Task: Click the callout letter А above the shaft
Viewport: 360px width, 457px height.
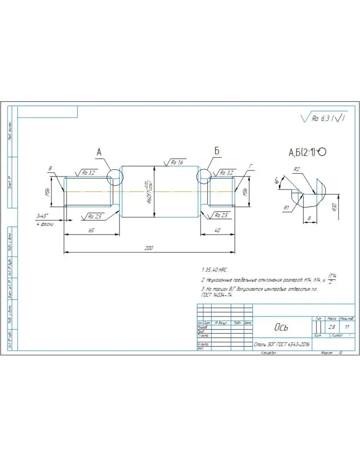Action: (99, 152)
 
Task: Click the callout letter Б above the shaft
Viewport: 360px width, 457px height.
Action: (217, 152)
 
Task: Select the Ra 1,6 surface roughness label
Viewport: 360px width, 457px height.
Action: (176, 163)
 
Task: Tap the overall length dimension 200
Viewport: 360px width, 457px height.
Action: (149, 248)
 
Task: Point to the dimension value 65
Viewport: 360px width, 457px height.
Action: (91, 230)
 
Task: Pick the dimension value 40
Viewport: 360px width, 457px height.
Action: (218, 230)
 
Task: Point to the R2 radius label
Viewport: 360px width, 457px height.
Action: (296, 169)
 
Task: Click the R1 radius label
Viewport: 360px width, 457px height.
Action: (286, 207)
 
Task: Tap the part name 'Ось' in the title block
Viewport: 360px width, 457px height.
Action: (281, 327)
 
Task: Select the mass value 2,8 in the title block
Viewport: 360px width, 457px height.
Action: (331, 327)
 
